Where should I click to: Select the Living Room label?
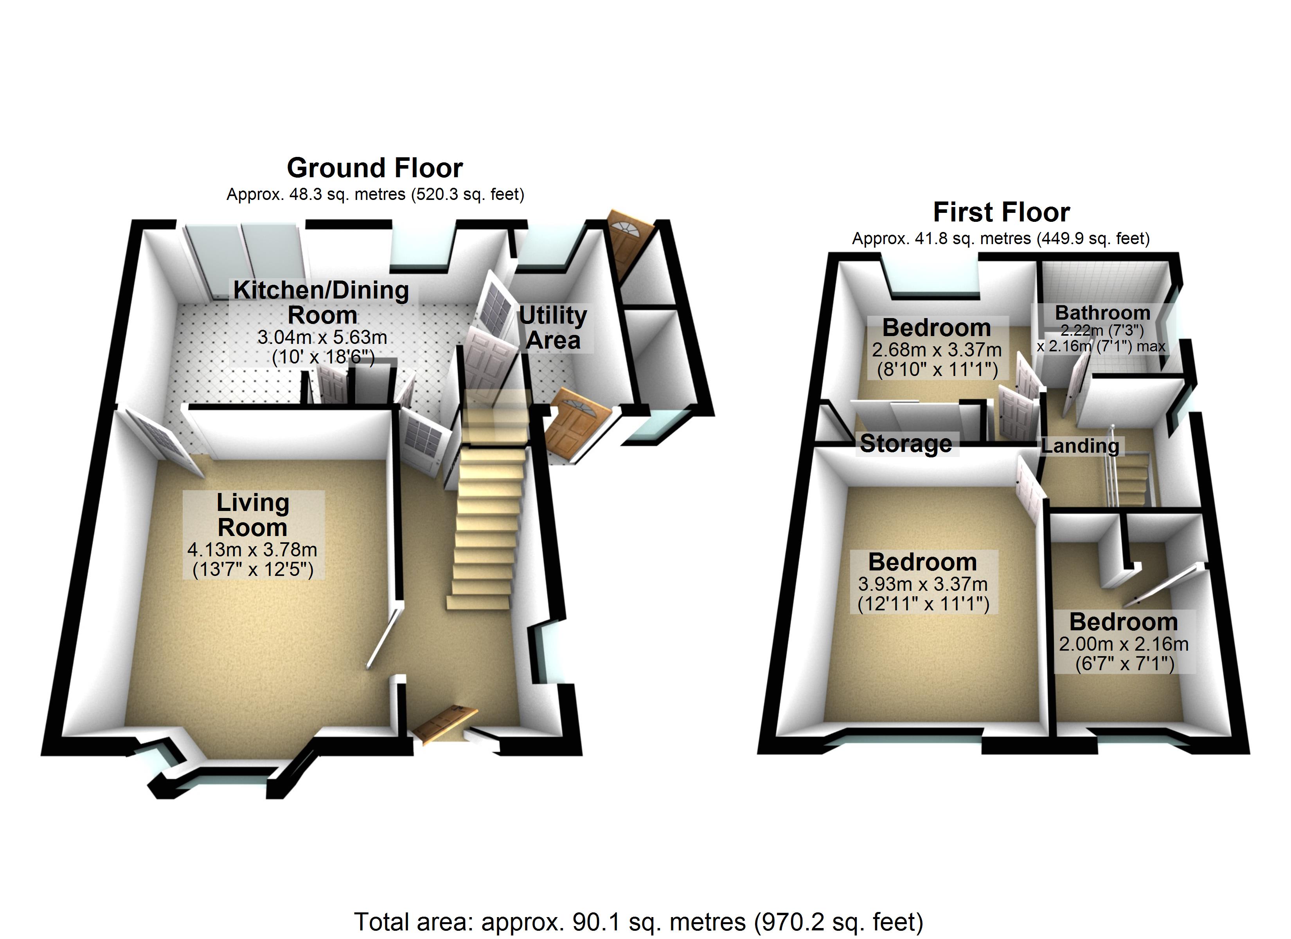pyautogui.click(x=253, y=515)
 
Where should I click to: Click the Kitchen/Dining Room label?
pyautogui.click(x=321, y=302)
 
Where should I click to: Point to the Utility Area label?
pyautogui.click(x=553, y=327)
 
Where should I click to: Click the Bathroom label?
pyautogui.click(x=1102, y=313)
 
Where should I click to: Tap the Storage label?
pyautogui.click(x=906, y=444)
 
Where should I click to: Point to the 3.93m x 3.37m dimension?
pyautogui.click(x=923, y=584)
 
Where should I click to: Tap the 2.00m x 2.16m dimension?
pyautogui.click(x=1124, y=644)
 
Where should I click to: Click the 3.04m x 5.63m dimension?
pyautogui.click(x=322, y=337)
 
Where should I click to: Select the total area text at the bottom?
pyautogui.click(x=639, y=921)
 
